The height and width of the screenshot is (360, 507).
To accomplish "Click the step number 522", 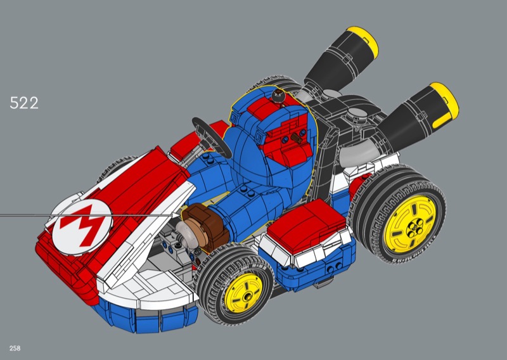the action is pyautogui.click(x=24, y=103).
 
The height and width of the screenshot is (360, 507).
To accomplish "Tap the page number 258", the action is pyautogui.click(x=15, y=349).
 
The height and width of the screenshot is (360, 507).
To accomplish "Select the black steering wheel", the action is pyautogui.click(x=212, y=138).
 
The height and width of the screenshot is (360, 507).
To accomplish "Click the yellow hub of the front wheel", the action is pyautogui.click(x=243, y=292).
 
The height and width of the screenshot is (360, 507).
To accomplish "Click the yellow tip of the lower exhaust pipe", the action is pyautogui.click(x=444, y=104).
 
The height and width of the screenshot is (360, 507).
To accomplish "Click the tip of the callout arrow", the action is pyautogui.click(x=180, y=214).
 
